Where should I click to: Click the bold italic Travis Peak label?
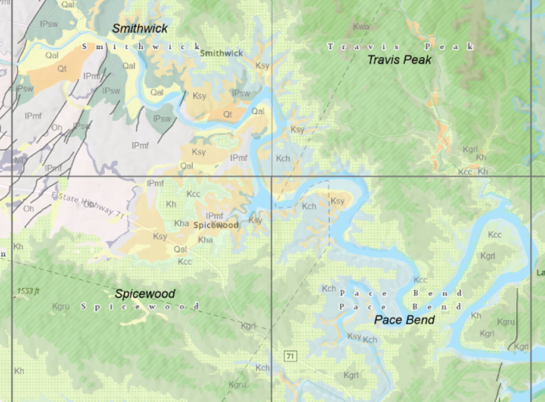(399, 60)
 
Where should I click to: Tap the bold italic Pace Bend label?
(404, 320)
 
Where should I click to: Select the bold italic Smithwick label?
(140, 29)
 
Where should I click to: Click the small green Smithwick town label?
(221, 53)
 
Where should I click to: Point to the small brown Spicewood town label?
(216, 225)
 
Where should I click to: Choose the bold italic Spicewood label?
(145, 294)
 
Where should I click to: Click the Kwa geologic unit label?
(361, 27)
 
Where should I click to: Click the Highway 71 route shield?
(290, 356)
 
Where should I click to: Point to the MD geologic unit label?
(21, 160)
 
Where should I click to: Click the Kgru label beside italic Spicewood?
(61, 306)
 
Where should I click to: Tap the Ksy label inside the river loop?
(337, 201)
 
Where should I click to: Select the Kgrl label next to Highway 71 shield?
(249, 326)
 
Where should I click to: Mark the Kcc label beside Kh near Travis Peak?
(465, 171)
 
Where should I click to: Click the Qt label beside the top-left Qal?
(62, 68)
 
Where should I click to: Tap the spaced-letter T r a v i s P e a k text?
(401, 46)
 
